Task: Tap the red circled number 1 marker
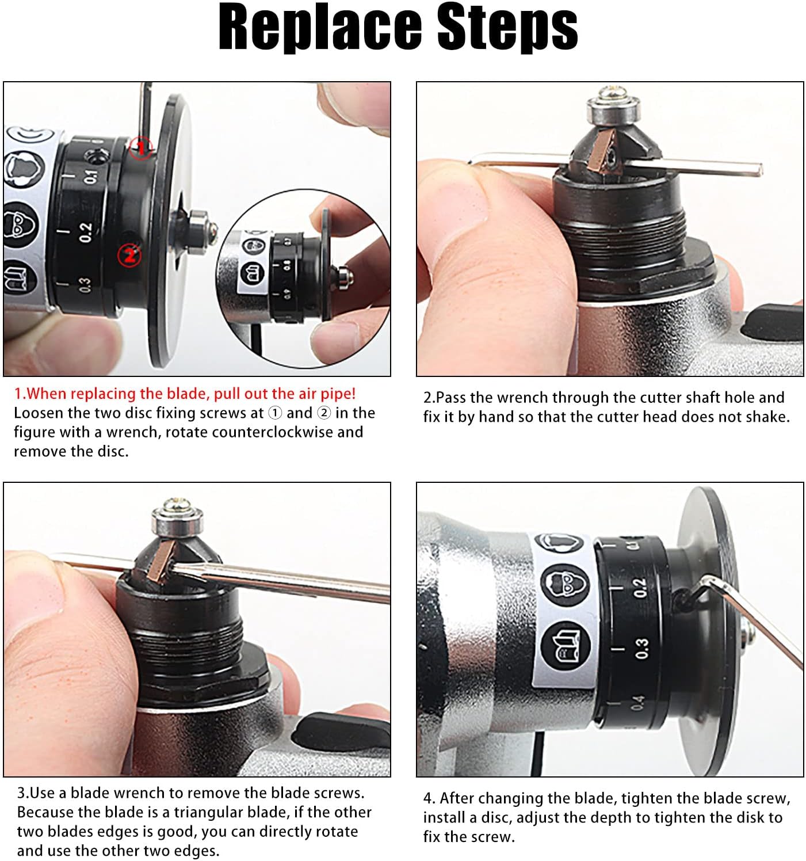pyautogui.click(x=141, y=148)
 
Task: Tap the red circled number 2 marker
pyautogui.click(x=129, y=256)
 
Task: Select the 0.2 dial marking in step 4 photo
pyautogui.click(x=640, y=588)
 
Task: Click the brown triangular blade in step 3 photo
pyautogui.click(x=161, y=559)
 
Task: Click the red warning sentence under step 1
pyautogui.click(x=185, y=394)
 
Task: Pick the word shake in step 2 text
pyautogui.click(x=765, y=417)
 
